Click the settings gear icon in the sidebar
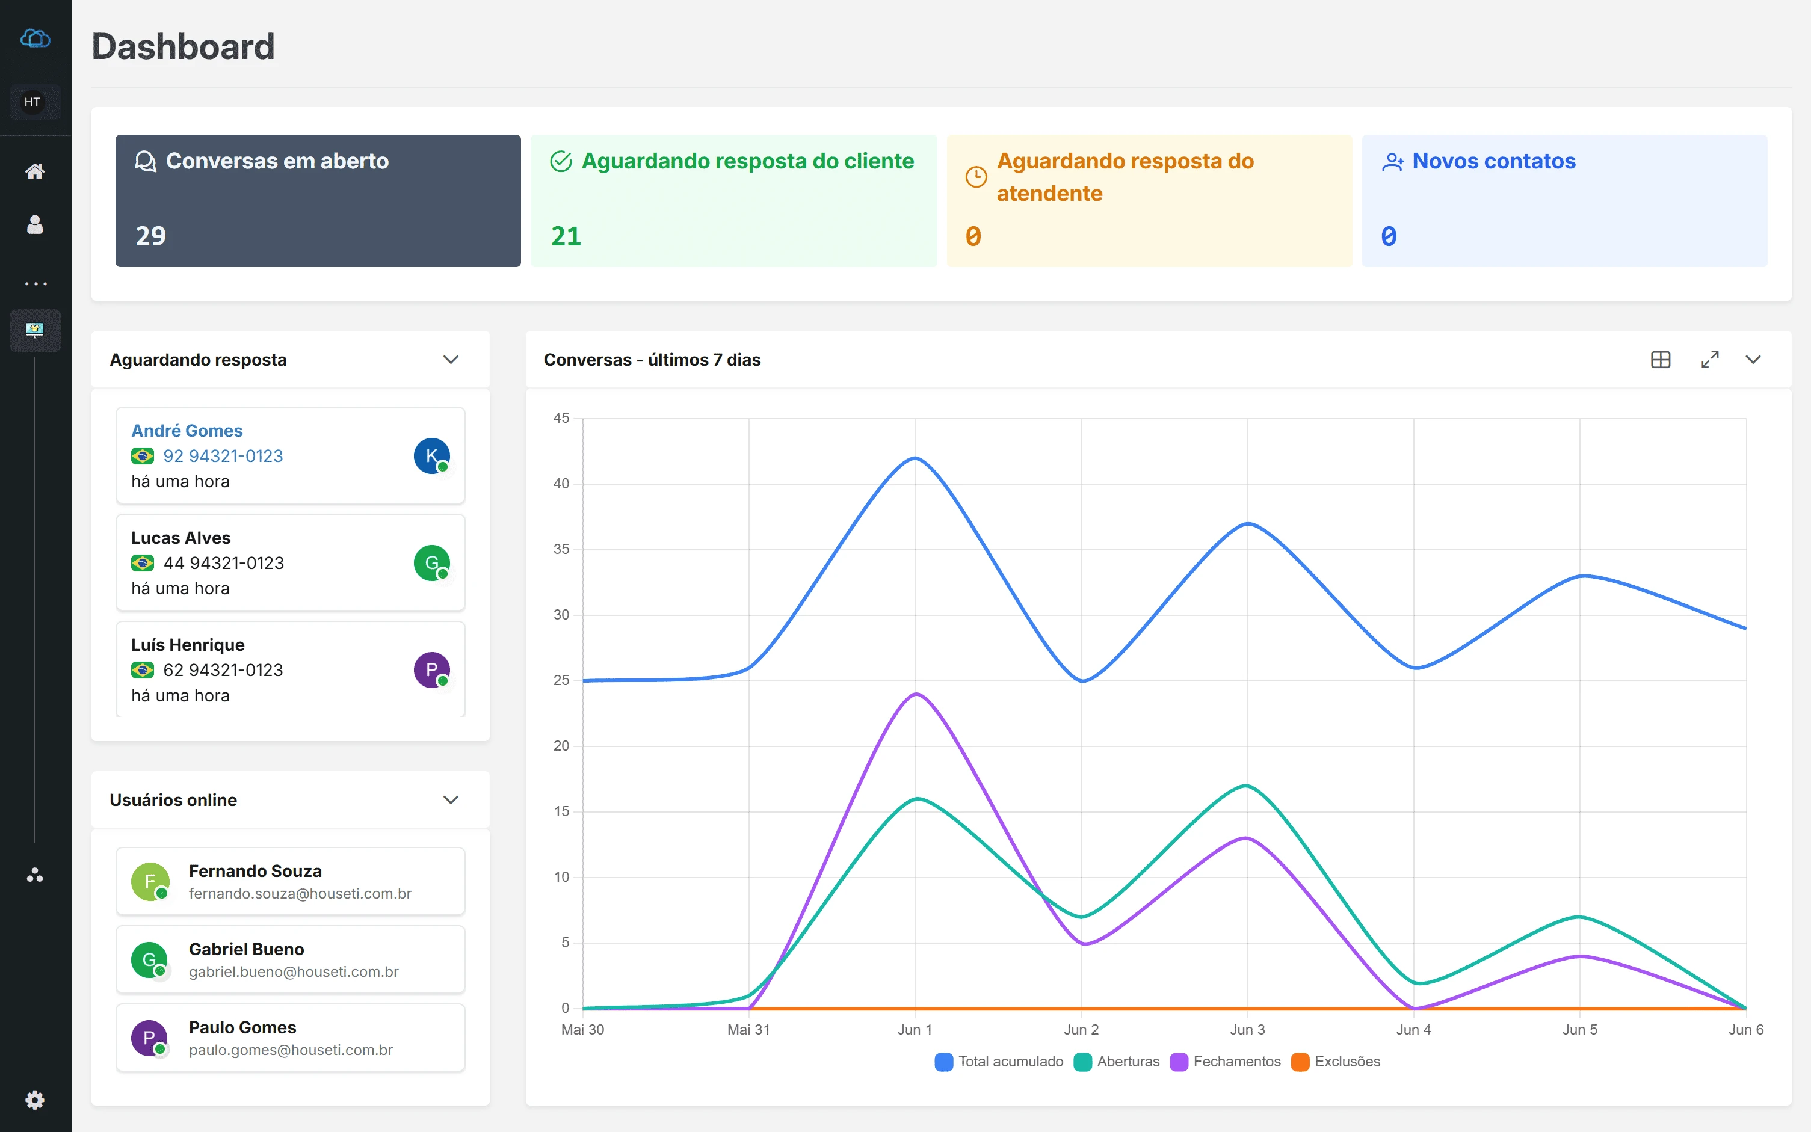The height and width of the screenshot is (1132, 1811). point(35,1100)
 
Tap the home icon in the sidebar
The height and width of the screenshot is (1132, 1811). point(35,171)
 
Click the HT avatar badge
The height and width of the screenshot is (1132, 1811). point(32,102)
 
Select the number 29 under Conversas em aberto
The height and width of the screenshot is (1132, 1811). point(150,236)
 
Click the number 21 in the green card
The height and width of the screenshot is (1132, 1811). point(566,236)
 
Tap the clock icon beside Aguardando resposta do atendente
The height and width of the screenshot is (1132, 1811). point(975,177)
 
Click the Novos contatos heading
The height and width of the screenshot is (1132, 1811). point(1493,161)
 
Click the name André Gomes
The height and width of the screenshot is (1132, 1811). point(187,431)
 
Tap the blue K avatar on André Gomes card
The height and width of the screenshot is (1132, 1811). point(432,456)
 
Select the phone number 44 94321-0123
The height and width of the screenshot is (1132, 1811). point(224,563)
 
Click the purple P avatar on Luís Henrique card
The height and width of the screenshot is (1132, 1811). point(432,670)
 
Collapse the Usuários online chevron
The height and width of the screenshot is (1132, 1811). point(451,799)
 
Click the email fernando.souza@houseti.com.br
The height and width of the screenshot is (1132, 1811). point(300,894)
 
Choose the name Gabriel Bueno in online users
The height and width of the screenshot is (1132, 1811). point(246,949)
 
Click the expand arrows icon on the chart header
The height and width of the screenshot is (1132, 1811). point(1710,359)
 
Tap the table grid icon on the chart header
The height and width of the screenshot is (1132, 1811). point(1661,359)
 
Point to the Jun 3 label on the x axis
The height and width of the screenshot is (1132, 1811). point(1247,1029)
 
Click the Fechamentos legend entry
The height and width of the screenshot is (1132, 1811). point(1226,1062)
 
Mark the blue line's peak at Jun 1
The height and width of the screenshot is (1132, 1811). point(915,458)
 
